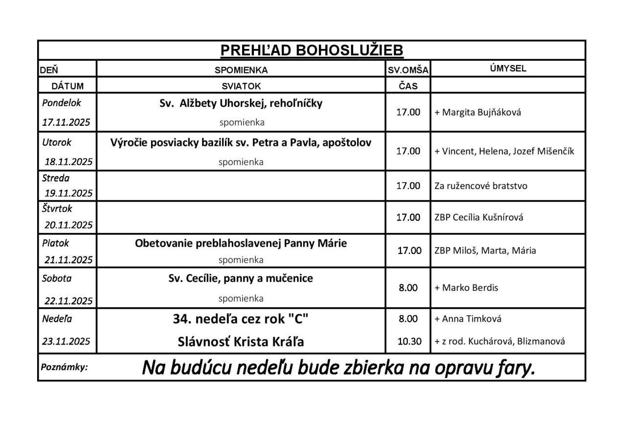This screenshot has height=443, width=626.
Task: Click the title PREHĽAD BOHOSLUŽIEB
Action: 312,50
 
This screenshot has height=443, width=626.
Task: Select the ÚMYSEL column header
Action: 508,69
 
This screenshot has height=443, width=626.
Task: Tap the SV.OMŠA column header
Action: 408,70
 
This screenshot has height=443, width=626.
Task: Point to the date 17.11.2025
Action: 66,122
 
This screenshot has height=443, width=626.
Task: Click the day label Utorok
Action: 56,142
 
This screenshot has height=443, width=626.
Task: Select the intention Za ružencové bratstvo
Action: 481,186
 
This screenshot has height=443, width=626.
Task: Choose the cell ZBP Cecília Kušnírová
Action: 479,217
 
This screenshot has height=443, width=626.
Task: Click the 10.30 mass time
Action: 409,341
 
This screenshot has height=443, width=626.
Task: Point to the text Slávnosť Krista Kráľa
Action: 241,342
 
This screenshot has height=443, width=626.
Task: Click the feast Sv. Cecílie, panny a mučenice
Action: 241,279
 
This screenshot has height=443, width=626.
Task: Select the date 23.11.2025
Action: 66,341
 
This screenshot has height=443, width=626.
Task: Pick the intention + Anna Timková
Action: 468,319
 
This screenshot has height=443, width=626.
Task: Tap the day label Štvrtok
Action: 57,209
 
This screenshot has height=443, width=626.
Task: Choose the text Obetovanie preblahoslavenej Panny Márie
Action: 241,243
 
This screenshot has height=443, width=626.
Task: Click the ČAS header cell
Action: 408,86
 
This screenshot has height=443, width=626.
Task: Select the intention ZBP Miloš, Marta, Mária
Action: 485,251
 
